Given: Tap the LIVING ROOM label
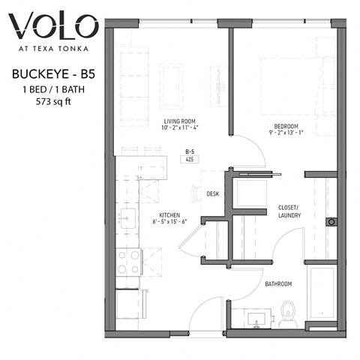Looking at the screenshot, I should tap(179, 120).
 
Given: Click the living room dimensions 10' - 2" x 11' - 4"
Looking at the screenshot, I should tap(179, 128).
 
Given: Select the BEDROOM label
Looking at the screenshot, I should tap(286, 125).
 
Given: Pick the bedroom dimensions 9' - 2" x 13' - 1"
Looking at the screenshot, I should tap(286, 133).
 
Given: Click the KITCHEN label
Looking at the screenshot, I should tap(170, 214).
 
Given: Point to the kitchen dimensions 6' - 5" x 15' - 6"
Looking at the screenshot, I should tap(170, 222).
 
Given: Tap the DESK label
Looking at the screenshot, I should tap(213, 193).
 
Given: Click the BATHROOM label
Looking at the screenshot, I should tap(277, 284).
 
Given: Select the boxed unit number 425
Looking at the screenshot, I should tap(190, 160).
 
